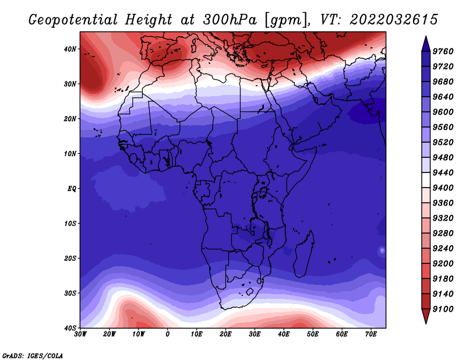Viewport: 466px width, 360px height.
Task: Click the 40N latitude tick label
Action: coord(70,49)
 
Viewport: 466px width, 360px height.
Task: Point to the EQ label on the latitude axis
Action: coord(72,189)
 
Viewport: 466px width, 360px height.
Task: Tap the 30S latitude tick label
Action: coord(70,293)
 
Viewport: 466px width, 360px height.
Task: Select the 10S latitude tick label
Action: coord(70,224)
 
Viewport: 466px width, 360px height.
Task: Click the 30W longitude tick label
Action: coord(80,334)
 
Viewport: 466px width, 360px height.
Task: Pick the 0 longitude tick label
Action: coord(168,334)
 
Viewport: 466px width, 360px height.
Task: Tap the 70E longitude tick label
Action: coord(371,334)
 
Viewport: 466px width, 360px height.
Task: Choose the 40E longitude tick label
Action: coord(284,334)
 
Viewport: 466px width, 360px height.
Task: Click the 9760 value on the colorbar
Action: coord(443,51)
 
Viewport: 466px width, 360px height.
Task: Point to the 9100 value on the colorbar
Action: coord(443,309)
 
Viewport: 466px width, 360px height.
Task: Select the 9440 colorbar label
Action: coord(443,172)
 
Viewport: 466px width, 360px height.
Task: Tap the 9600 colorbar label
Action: coord(443,112)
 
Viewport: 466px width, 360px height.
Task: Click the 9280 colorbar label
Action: coord(443,234)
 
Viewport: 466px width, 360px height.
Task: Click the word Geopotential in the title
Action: coord(73,20)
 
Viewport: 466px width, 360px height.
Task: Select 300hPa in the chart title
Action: coord(230,20)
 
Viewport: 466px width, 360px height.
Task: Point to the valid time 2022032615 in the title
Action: coord(394,20)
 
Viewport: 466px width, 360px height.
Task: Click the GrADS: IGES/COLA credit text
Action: coord(33,356)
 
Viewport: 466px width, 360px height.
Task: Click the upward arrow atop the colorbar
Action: coord(426,44)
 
